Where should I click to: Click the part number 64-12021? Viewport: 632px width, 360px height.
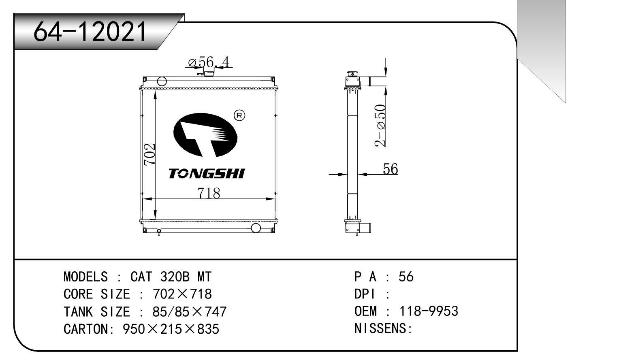90,32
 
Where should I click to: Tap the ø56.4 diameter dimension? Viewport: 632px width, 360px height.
209,62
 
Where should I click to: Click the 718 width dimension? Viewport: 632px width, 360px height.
209,193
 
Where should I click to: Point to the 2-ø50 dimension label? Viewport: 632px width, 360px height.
380,125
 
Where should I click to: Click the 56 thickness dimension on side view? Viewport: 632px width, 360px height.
391,169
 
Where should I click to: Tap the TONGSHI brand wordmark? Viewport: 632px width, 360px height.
207,174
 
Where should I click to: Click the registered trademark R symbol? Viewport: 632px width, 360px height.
239,115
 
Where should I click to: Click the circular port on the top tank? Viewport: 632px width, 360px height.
162,81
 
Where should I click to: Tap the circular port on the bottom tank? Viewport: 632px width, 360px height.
256,228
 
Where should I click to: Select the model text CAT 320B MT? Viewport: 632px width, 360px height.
171,277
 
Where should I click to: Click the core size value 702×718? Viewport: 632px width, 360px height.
182,294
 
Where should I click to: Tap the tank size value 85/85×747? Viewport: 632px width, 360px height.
189,312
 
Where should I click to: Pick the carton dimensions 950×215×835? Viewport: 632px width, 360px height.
171,329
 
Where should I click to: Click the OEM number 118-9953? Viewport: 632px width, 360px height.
429,311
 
